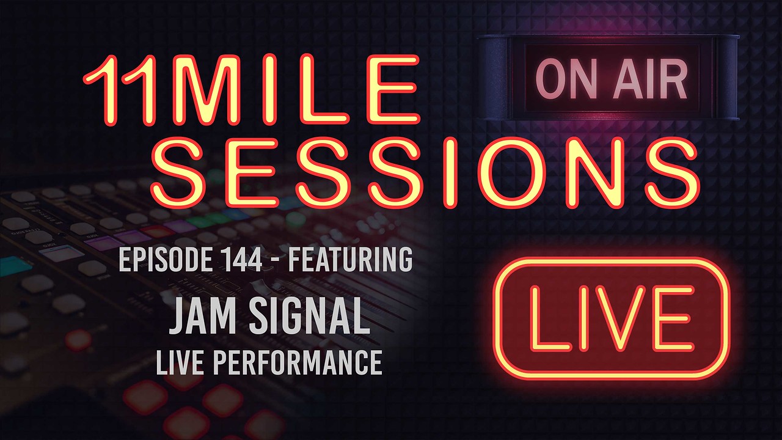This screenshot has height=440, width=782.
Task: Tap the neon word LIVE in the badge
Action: tap(611, 318)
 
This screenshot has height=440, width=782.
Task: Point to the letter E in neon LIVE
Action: tap(678, 318)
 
